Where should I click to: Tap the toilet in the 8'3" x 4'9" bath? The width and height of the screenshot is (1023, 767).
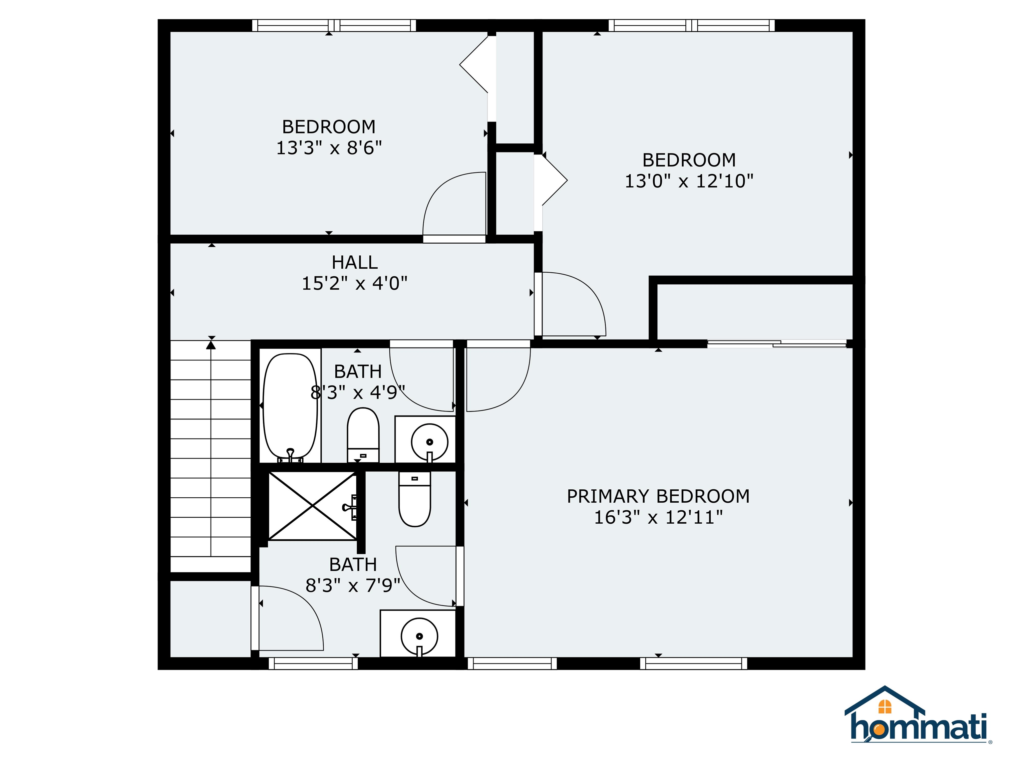coord(363,434)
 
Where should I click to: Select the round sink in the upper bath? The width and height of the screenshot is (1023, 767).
coord(429,441)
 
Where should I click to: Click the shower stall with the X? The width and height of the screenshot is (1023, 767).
coord(313,505)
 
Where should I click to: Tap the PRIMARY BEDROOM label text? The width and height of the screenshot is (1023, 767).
coord(658,497)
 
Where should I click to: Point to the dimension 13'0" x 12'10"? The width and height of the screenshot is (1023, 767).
coord(689,181)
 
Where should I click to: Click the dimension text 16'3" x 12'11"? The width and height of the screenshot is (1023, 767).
coord(658,517)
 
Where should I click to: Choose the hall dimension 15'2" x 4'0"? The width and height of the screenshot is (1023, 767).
coord(355,283)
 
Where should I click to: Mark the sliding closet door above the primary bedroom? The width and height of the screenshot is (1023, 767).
coord(777,344)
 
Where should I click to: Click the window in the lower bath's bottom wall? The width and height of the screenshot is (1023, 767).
coord(313,663)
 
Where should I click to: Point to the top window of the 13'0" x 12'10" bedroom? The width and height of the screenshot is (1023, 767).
coord(691,25)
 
